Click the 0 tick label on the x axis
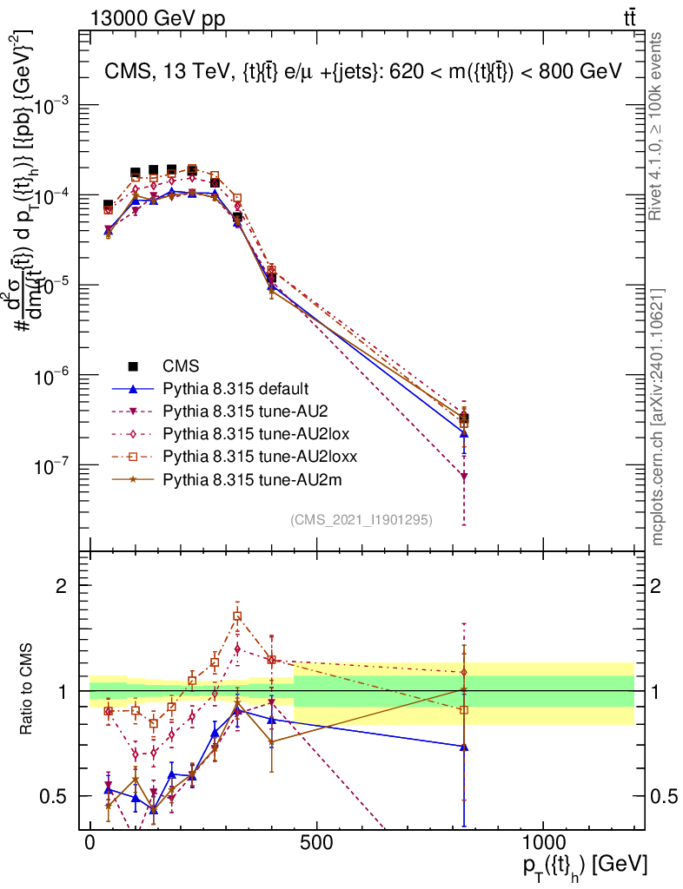coord(90,844)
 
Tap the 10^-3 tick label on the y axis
coord(54,103)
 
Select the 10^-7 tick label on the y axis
coord(54,466)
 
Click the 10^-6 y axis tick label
coord(54,376)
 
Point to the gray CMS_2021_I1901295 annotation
coord(361,519)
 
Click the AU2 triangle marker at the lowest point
coord(464,477)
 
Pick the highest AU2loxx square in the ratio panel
coord(237,616)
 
